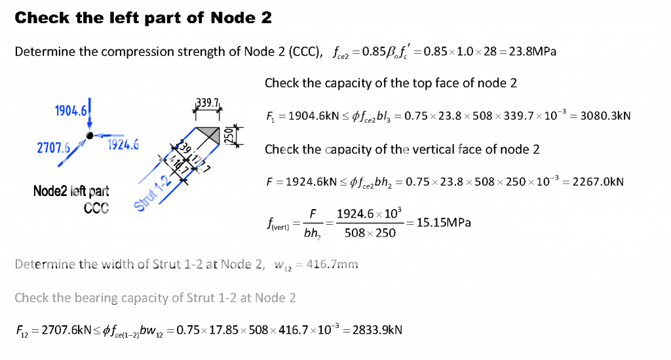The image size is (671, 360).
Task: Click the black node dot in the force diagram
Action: tap(89, 135)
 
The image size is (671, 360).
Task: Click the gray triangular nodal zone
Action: tap(211, 135)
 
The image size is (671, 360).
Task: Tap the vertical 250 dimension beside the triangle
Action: tap(229, 137)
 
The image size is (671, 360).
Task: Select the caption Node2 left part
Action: tap(71, 191)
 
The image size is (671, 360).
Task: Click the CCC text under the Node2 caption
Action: tap(95, 207)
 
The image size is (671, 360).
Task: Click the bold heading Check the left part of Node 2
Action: tap(143, 18)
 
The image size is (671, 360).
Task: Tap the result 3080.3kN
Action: tap(607, 116)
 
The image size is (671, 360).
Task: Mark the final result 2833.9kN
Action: tap(377, 329)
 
